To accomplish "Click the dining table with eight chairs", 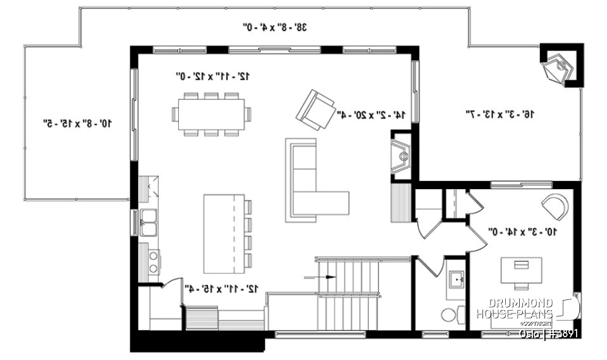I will (x=211, y=114).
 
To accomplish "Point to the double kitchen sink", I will (x=149, y=223).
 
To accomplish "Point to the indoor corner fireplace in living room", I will (x=401, y=154).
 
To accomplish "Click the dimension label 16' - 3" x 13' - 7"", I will (x=500, y=114).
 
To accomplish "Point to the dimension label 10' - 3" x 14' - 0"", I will (x=522, y=232).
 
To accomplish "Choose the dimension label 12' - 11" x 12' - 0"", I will (x=212, y=76).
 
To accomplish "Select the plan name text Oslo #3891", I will (x=548, y=333).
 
